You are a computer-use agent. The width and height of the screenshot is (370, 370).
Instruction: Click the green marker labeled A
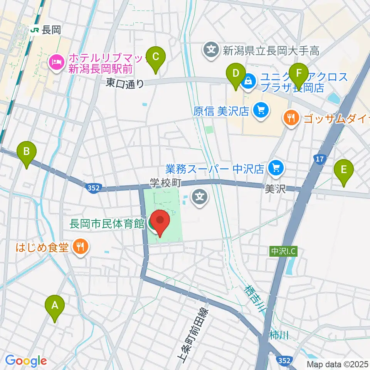click(55, 306)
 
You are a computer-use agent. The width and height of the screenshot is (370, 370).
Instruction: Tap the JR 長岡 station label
click(46, 30)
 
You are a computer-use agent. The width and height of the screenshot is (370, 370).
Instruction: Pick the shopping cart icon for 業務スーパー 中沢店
click(275, 168)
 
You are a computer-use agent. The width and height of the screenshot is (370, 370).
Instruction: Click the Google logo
click(26, 361)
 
